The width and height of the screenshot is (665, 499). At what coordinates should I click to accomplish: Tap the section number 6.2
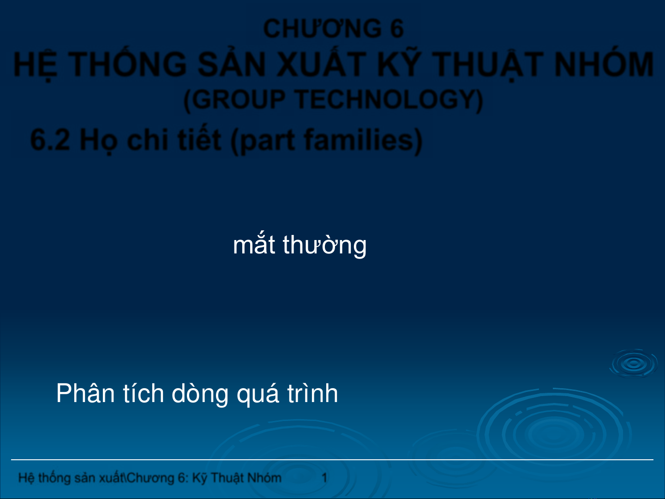50,139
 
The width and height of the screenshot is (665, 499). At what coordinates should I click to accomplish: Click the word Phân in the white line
85,393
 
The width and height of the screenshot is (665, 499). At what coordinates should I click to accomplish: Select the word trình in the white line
312,393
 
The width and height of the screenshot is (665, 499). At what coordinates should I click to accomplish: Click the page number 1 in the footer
324,478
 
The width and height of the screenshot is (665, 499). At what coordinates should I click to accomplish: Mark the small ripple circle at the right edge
634,364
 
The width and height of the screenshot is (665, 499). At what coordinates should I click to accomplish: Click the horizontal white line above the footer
332,460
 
